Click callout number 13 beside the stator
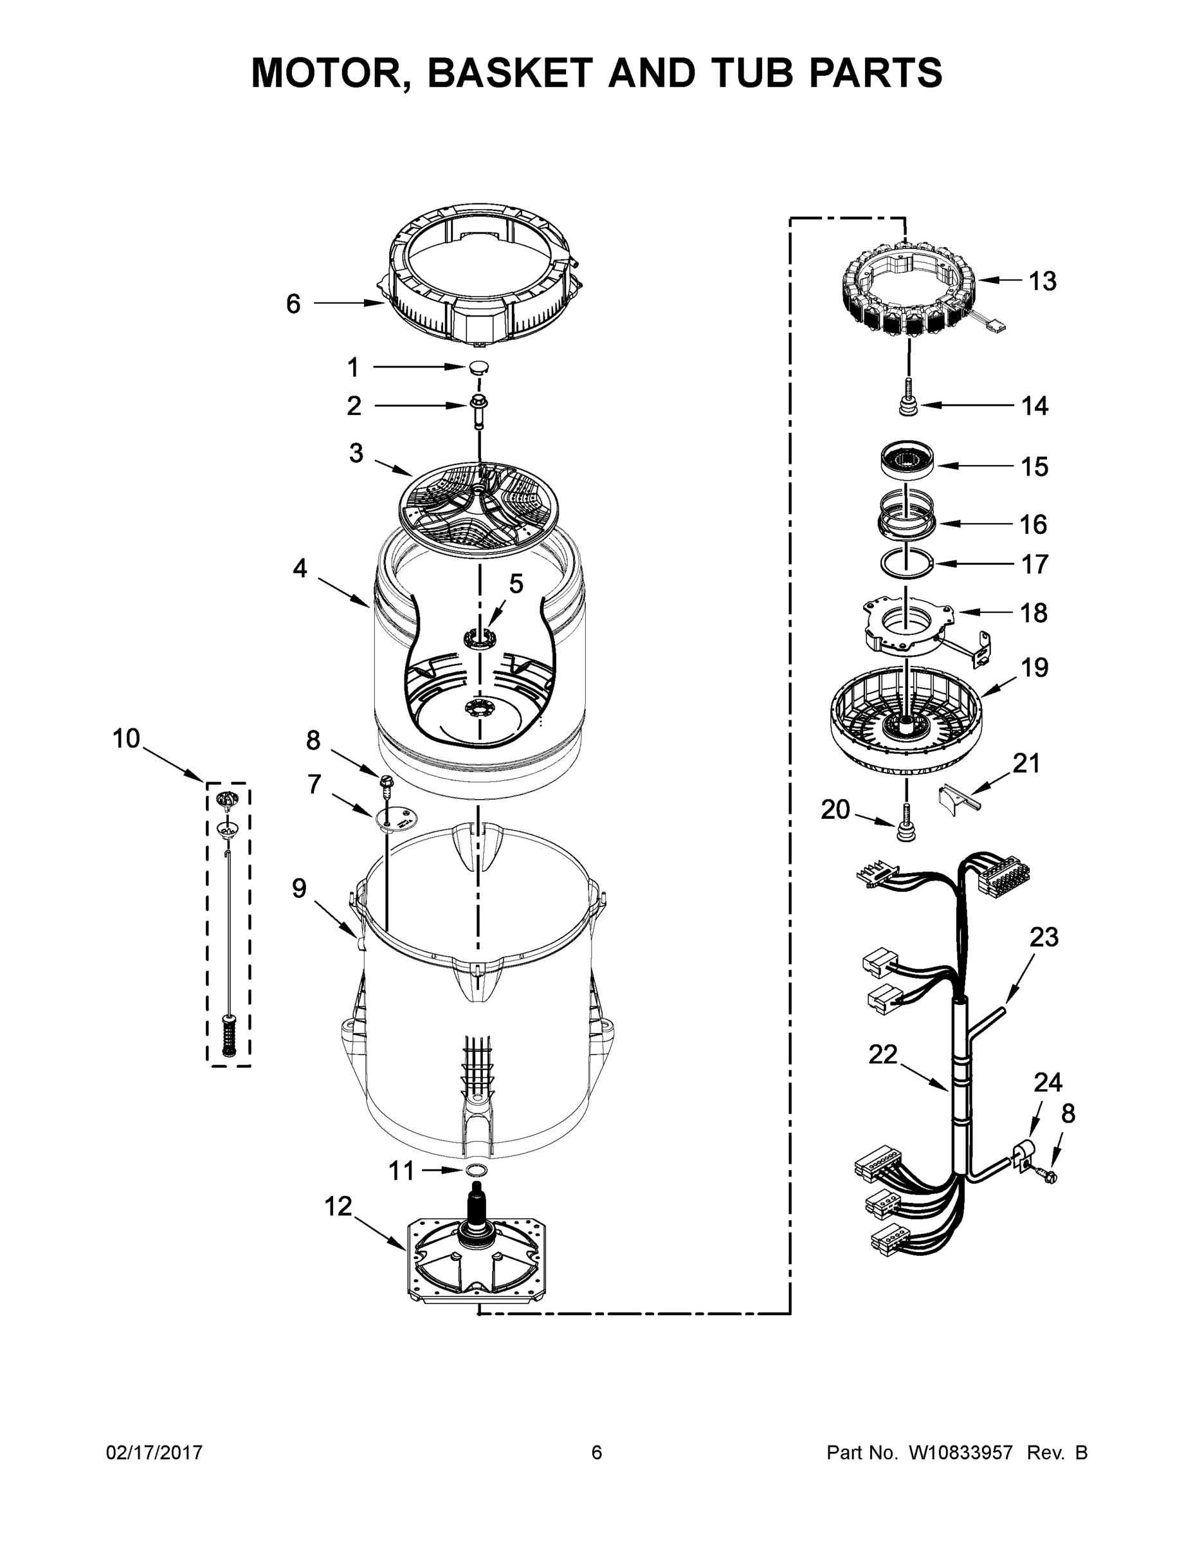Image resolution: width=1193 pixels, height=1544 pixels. [x=1043, y=281]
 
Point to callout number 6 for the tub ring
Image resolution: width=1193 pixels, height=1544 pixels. [x=293, y=304]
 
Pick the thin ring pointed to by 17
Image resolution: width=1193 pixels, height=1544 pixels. [x=907, y=564]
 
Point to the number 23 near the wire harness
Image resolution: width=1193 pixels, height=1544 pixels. [x=1044, y=937]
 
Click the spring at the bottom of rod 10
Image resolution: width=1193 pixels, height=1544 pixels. [x=228, y=1036]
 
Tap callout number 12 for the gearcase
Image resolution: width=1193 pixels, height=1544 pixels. [x=338, y=1207]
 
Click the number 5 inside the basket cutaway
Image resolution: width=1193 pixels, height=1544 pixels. [x=516, y=584]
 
